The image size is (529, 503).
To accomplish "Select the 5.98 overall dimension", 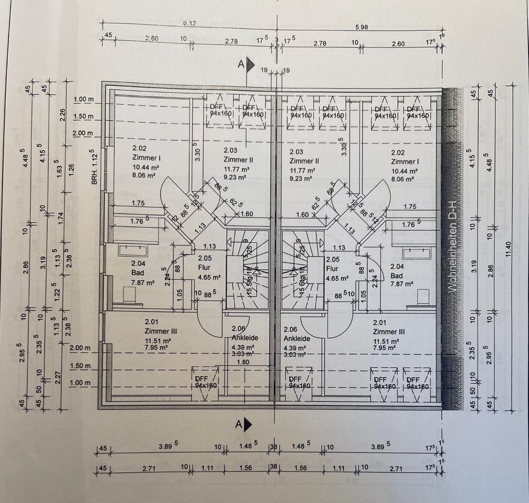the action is [x=361, y=26].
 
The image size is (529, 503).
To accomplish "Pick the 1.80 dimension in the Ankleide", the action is [x=243, y=363].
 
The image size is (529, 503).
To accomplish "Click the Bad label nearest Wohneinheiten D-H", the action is [x=397, y=275].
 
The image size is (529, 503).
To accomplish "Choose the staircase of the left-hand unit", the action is [x=247, y=269].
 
